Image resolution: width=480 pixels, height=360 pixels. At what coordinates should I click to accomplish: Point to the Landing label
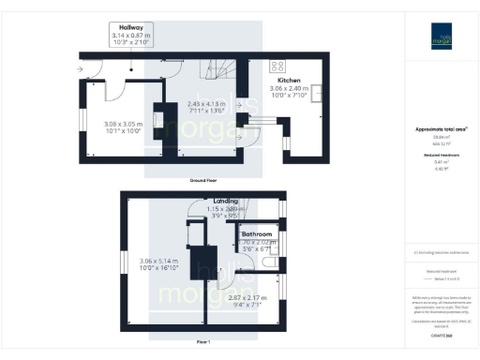[x=225, y=201]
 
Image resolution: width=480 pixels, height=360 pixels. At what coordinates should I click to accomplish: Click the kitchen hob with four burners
[x=278, y=66]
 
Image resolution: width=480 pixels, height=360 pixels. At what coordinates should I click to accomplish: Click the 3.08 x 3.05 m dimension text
[x=122, y=124]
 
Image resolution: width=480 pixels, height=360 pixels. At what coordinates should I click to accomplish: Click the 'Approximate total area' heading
[x=441, y=128]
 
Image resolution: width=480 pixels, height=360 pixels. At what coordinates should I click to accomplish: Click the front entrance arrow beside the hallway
[x=81, y=69]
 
